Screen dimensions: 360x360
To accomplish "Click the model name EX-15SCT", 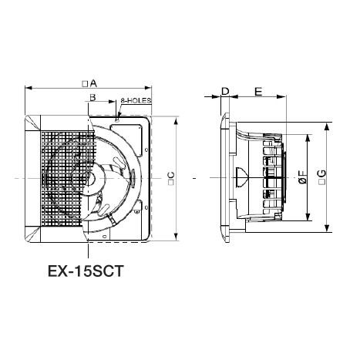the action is click(86, 271).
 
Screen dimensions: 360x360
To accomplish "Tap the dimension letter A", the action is click(93, 83).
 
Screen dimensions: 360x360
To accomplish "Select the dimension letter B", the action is click(93, 97).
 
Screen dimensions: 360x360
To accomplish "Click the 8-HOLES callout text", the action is click(136, 100).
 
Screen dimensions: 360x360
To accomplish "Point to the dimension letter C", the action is click(172, 175).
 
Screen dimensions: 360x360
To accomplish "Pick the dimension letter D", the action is click(225, 91).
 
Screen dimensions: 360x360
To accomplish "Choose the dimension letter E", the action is click(258, 91).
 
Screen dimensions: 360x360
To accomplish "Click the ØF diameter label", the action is click(303, 177).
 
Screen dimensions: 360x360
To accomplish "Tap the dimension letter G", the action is click(322, 173).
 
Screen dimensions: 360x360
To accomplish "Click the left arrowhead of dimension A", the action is click(28, 88).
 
